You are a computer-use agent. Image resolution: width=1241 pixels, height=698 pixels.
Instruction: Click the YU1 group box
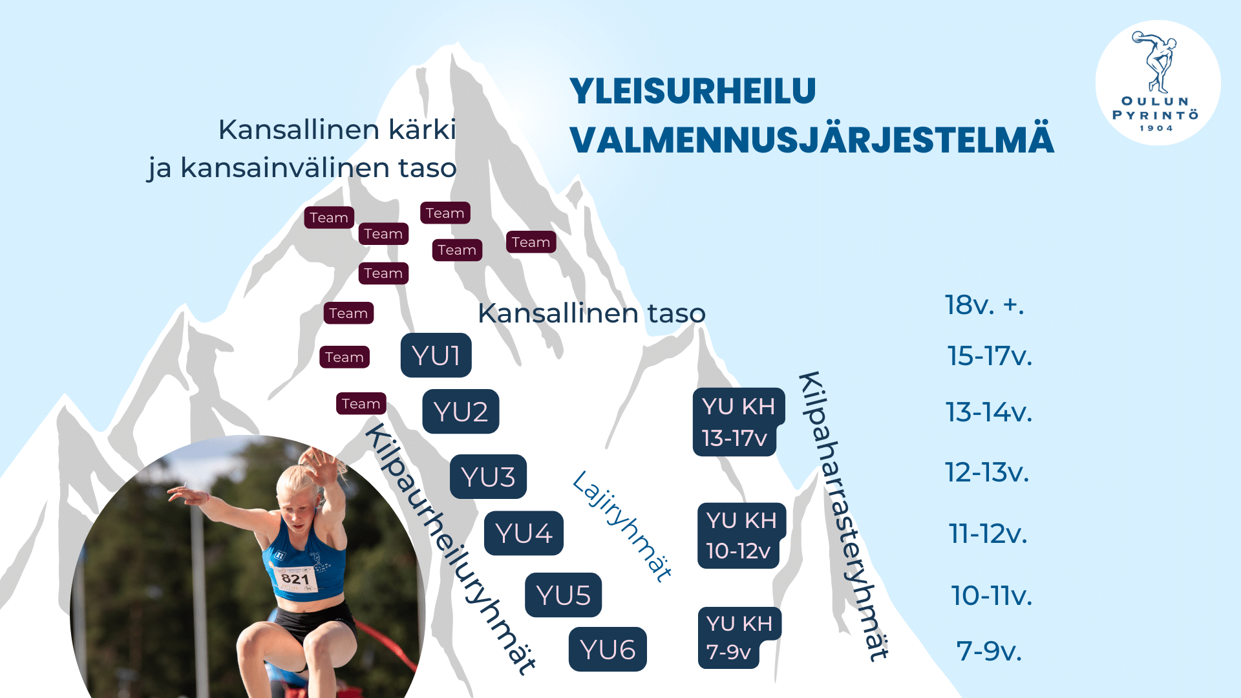click(x=436, y=355)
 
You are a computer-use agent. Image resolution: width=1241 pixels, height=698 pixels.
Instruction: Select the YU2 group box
click(x=461, y=412)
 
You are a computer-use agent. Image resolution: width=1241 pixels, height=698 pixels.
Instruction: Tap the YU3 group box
click(x=489, y=477)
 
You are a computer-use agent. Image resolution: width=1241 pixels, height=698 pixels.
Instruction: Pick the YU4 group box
click(x=524, y=533)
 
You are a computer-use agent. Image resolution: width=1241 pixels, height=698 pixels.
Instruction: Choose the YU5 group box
click(x=564, y=595)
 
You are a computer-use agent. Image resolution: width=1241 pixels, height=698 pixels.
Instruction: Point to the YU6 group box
click(x=608, y=650)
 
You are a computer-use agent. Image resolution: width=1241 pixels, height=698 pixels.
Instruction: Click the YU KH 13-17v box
click(x=739, y=422)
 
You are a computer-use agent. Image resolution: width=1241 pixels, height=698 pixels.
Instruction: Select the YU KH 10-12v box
click(x=741, y=536)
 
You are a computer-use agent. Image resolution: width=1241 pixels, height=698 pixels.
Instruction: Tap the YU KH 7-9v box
click(x=739, y=638)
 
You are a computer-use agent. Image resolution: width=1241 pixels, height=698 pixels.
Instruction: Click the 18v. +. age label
click(x=984, y=305)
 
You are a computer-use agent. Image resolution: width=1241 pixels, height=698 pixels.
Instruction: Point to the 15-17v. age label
click(x=990, y=356)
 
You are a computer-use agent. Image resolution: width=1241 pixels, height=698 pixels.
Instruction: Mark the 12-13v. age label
click(x=987, y=472)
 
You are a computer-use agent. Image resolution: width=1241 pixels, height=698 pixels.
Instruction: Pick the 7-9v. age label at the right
click(x=989, y=651)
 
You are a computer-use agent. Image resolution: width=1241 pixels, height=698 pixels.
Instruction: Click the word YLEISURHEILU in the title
click(x=693, y=91)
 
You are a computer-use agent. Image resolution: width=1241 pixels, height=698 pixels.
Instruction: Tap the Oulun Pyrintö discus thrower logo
click(x=1158, y=83)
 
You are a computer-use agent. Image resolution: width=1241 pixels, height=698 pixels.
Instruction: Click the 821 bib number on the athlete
click(x=295, y=578)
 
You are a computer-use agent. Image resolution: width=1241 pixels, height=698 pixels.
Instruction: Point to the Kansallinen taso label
click(x=591, y=313)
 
